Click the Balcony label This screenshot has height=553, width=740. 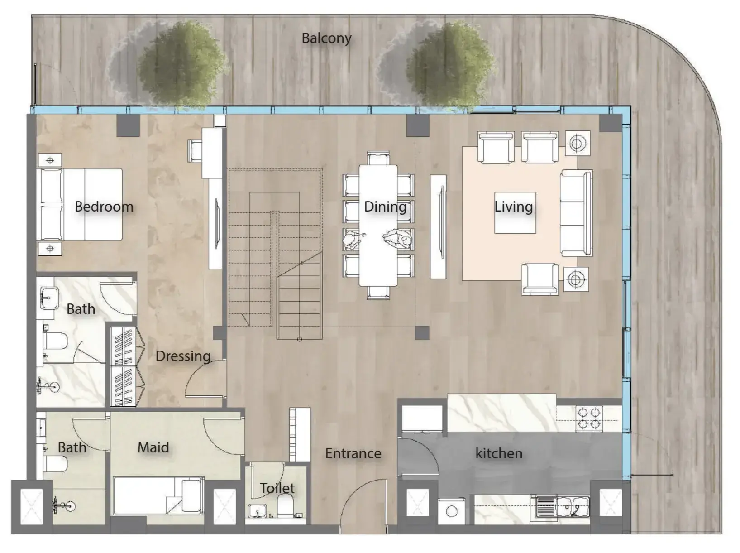point(326,38)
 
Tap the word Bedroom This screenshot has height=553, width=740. point(104,207)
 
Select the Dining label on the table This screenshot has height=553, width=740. point(385,207)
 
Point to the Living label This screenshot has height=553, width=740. point(513,207)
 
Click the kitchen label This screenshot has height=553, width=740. point(499,453)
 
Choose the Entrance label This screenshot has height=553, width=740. point(353,453)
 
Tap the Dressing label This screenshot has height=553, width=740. point(183,356)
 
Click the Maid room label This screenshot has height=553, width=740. point(153,447)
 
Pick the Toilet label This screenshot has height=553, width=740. point(277,488)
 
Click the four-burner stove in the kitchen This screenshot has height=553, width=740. point(589,418)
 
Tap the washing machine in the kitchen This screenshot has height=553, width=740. point(451,511)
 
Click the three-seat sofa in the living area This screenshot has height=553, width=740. point(576,213)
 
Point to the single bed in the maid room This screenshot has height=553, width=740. point(158,495)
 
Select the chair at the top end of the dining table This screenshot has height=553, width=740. point(378,159)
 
